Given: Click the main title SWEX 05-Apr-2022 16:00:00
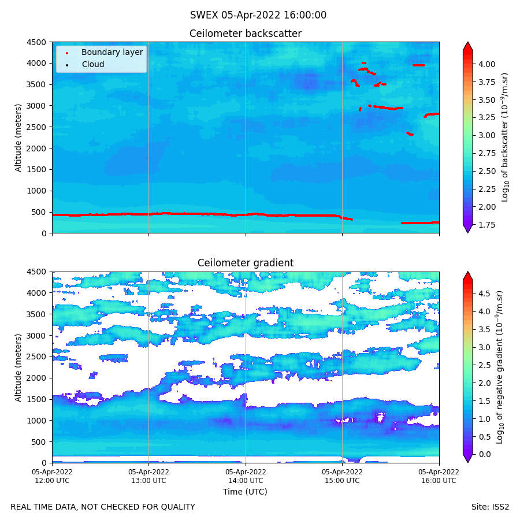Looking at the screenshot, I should pyautogui.click(x=258, y=16).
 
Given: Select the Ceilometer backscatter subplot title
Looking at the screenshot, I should pyautogui.click(x=246, y=34).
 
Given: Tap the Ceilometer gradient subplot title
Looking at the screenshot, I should pyautogui.click(x=246, y=263).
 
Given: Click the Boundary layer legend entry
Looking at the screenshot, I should pyautogui.click(x=112, y=53).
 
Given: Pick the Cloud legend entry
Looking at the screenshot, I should pyautogui.click(x=93, y=65).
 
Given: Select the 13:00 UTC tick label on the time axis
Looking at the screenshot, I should pyautogui.click(x=149, y=476).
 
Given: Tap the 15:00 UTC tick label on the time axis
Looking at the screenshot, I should pyautogui.click(x=342, y=476).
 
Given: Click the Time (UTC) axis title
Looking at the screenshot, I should pyautogui.click(x=246, y=492).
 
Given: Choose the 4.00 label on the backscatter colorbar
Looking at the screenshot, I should pyautogui.click(x=487, y=64).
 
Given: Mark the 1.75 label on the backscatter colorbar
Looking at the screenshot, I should pyautogui.click(x=487, y=225).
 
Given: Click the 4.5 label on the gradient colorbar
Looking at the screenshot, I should pyautogui.click(x=485, y=294).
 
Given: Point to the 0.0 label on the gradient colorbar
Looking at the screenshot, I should pyautogui.click(x=485, y=454).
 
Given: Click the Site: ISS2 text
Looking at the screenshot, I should pyautogui.click(x=490, y=507).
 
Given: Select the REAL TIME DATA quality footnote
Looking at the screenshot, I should pyautogui.click(x=103, y=507).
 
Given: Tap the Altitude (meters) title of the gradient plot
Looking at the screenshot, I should pyautogui.click(x=18, y=367).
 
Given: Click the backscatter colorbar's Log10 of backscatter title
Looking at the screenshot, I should pyautogui.click(x=505, y=138).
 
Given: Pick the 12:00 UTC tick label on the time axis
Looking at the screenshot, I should pyautogui.click(x=52, y=476).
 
